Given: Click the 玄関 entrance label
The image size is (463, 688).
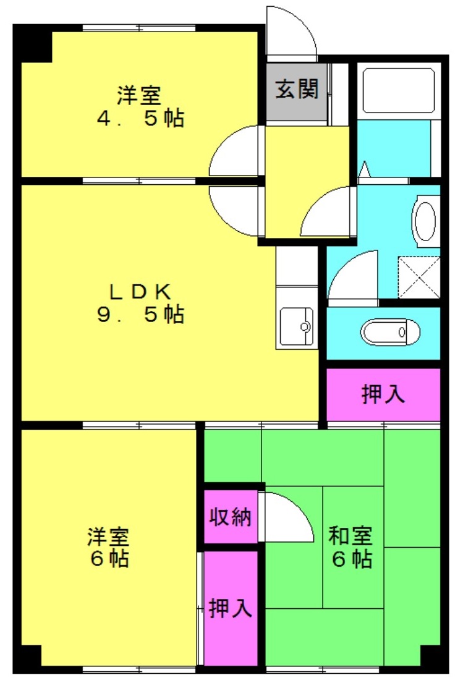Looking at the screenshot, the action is click(x=297, y=90).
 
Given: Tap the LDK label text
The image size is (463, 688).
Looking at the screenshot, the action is click(x=140, y=292).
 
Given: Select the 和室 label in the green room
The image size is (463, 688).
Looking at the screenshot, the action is click(x=350, y=536).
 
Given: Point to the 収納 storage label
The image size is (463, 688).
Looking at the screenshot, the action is click(x=231, y=517).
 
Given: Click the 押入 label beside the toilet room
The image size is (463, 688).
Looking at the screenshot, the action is click(x=383, y=394).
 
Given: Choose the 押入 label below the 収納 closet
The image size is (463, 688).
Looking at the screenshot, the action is click(x=231, y=608).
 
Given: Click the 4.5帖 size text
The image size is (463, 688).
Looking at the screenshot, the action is click(x=140, y=118).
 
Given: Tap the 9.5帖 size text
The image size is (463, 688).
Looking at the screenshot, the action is click(x=140, y=314).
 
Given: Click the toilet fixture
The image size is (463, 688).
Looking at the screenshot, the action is click(x=390, y=332).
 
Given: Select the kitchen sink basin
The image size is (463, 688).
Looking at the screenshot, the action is click(x=297, y=326).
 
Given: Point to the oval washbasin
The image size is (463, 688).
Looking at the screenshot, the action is click(x=425, y=221).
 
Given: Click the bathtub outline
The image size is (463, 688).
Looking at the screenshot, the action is click(x=399, y=91).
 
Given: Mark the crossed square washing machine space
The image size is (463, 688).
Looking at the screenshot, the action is click(x=418, y=278).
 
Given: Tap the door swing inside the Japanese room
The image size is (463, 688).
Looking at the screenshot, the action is click(x=286, y=517).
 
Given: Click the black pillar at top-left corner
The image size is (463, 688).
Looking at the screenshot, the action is click(x=33, y=43).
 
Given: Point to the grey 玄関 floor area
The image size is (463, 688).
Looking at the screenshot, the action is click(x=297, y=91).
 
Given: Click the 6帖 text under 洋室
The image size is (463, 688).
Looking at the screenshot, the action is click(x=109, y=558).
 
